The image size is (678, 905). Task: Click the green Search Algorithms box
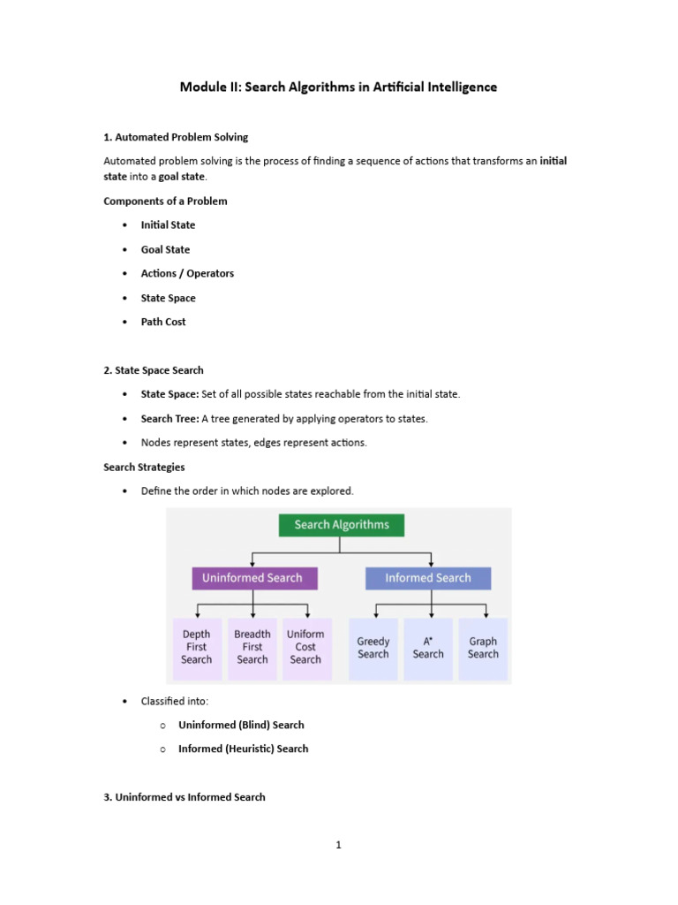[x=342, y=525]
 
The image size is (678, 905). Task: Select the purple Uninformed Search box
[x=254, y=578]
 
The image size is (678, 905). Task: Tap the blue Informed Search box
[x=428, y=578]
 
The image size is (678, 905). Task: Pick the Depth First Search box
[x=197, y=649]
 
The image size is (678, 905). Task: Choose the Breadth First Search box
[x=252, y=649]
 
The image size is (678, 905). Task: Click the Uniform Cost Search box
[x=306, y=649]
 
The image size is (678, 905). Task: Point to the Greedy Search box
[x=373, y=649]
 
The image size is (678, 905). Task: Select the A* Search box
[x=428, y=649]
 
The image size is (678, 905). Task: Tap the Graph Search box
[x=483, y=649]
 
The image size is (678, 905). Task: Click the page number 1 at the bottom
[x=338, y=845]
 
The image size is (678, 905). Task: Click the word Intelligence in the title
[x=462, y=87]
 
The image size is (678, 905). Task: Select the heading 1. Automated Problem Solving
[x=176, y=137]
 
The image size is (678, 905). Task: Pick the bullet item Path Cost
[x=163, y=322]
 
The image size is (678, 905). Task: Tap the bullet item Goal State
[x=165, y=250]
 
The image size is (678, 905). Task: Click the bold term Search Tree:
[x=170, y=419]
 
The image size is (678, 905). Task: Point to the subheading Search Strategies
[x=144, y=468]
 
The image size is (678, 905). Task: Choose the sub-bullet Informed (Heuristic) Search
[x=244, y=749]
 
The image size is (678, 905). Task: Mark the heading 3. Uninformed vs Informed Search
[x=185, y=798]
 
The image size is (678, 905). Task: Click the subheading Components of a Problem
[x=165, y=202]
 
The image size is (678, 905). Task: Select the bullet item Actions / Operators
[x=187, y=274]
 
